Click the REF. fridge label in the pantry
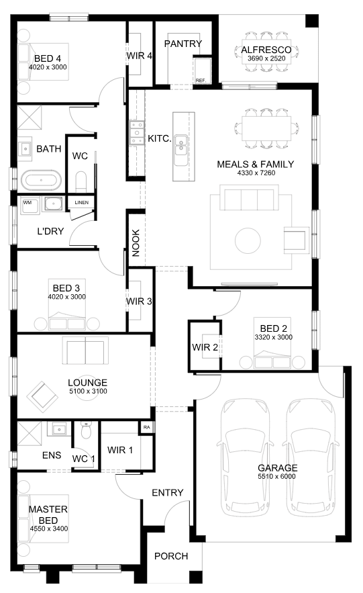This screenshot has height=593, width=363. (201, 81)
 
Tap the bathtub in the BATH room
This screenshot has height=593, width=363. (41, 181)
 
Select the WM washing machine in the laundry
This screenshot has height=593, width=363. (28, 206)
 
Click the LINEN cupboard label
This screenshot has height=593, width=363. (82, 203)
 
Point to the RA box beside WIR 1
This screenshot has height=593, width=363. (146, 427)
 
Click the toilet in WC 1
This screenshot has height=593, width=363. (87, 430)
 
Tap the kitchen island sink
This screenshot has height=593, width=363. (181, 145)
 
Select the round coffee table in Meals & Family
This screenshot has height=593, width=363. (248, 240)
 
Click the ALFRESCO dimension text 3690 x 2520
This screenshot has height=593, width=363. (266, 58)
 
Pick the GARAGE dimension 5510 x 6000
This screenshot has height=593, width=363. (277, 477)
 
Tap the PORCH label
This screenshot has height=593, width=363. (171, 556)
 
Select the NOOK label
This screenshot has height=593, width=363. (136, 243)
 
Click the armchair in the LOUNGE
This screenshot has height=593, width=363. (42, 396)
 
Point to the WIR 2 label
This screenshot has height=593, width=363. (205, 347)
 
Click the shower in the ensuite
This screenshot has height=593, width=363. (29, 433)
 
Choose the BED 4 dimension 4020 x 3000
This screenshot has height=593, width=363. (48, 67)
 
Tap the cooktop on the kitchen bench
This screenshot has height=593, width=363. (136, 132)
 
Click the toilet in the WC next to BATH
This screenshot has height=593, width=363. (81, 182)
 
